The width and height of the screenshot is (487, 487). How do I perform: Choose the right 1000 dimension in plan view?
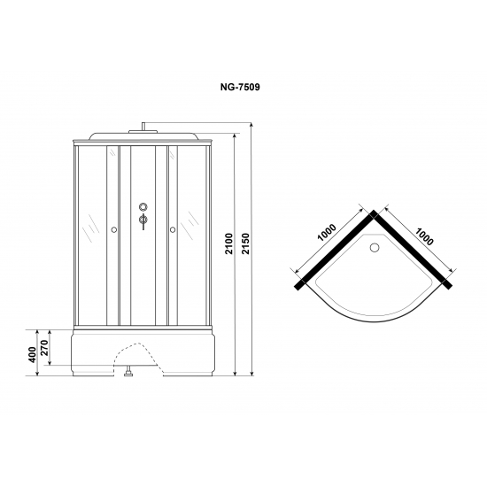pyautogui.click(x=422, y=232)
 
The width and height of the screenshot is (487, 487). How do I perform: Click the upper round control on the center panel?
pyautogui.click(x=143, y=210)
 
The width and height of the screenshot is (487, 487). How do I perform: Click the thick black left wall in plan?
pyautogui.click(x=336, y=248)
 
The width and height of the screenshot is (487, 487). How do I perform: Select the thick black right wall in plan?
pyautogui.click(x=412, y=248)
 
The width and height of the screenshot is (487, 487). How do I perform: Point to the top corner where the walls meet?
pyautogui.click(x=375, y=213)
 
